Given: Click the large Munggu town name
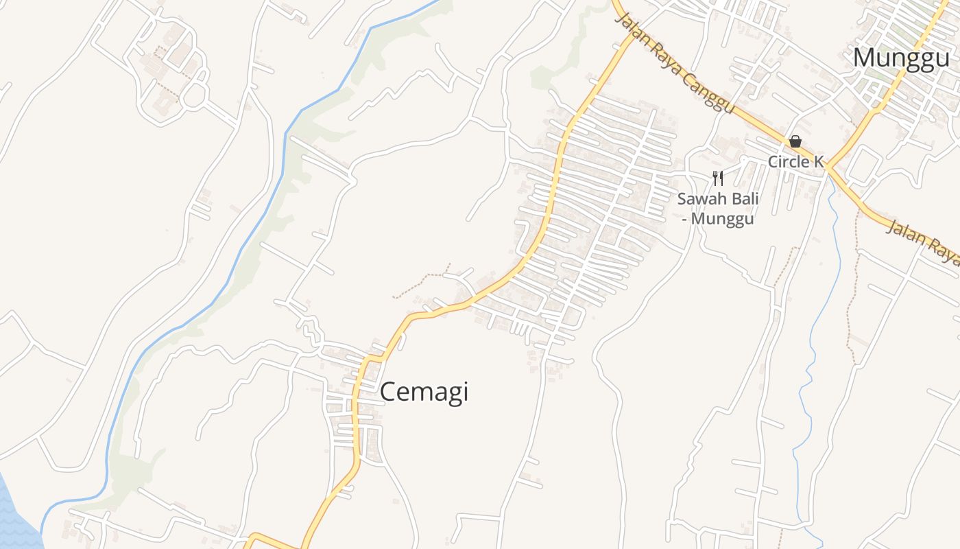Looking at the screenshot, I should coord(900,58).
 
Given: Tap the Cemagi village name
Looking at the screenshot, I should coord(424,392).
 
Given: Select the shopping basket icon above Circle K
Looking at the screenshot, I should coord(795,141).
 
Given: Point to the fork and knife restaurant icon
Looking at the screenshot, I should coord(718,178).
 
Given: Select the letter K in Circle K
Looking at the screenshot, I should coord(817,162).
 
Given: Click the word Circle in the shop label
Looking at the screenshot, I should coord(787,162).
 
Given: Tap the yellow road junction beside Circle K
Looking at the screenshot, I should coord(828,167).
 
